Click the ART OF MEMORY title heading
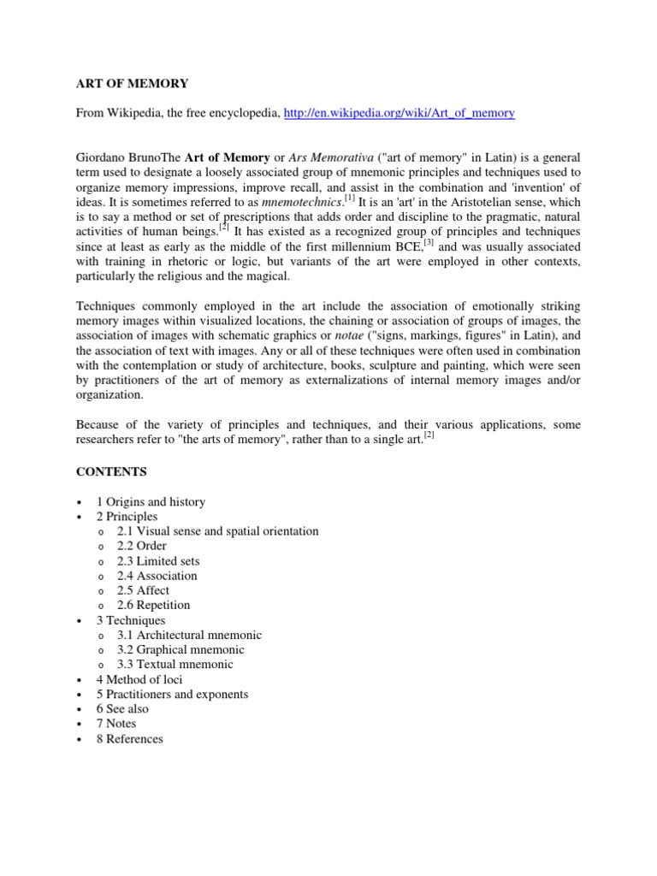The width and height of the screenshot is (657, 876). (x=132, y=83)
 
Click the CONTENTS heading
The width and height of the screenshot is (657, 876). (x=111, y=471)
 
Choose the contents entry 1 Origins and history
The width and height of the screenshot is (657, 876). (x=151, y=501)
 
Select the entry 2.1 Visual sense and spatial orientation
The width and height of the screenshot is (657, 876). (x=217, y=531)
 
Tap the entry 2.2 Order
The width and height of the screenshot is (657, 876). (x=142, y=546)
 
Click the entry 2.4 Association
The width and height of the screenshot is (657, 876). (x=157, y=576)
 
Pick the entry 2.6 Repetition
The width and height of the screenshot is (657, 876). (x=154, y=605)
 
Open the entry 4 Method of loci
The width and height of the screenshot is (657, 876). (x=139, y=679)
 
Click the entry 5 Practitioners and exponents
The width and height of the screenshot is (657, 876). (x=172, y=694)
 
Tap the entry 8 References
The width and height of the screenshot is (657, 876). (x=129, y=738)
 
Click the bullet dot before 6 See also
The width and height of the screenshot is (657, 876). (x=79, y=709)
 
